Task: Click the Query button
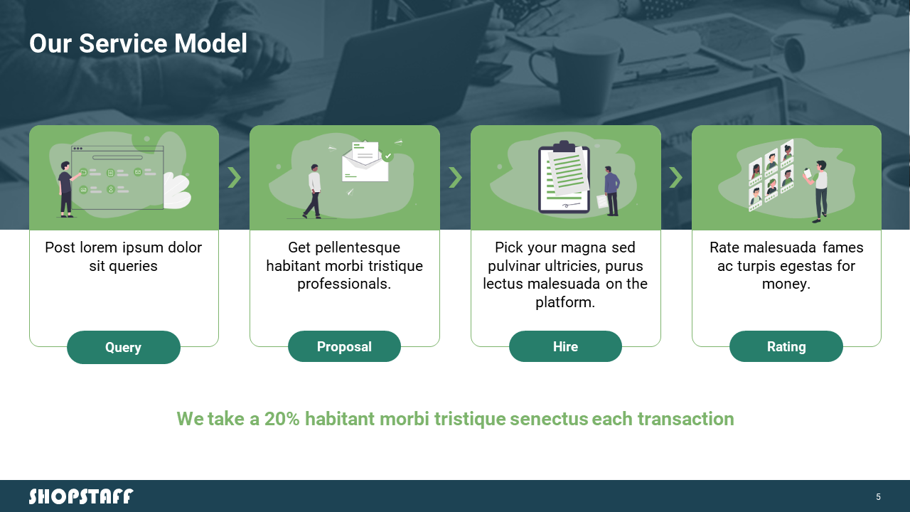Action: [x=124, y=347]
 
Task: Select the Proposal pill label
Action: [x=344, y=346]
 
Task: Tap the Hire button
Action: [x=565, y=346]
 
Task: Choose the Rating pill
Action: [x=786, y=346]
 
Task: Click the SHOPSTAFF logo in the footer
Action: [x=81, y=496]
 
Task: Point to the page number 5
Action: [x=878, y=496]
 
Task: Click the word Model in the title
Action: [x=210, y=43]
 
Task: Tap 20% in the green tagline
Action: [x=282, y=419]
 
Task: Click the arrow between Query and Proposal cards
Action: [x=234, y=177]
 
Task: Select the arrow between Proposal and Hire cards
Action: [x=456, y=177]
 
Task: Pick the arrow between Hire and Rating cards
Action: [x=675, y=177]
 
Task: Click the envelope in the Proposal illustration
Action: [x=365, y=161]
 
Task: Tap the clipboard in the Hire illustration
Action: [x=564, y=178]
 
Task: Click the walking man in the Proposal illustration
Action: [x=313, y=191]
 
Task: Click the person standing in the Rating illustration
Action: [x=818, y=191]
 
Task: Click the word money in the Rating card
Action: [x=783, y=284]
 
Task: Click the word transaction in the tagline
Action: [x=686, y=419]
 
